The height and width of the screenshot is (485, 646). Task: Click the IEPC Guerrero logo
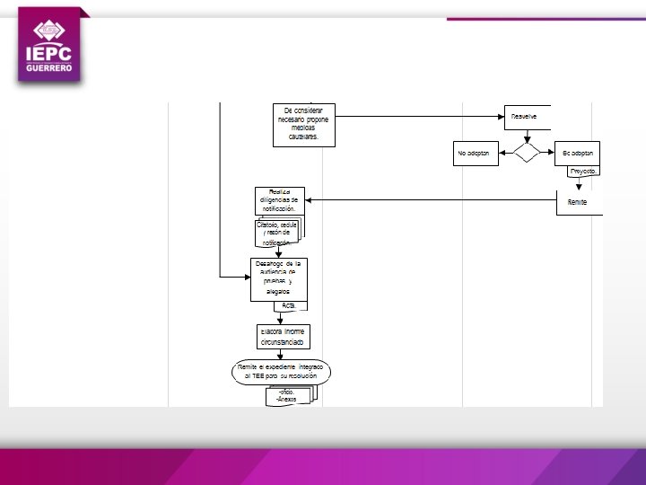(50, 47)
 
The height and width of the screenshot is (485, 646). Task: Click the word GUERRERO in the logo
(50, 71)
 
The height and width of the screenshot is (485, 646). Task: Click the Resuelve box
(527, 117)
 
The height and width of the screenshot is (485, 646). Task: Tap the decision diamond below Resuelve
(527, 153)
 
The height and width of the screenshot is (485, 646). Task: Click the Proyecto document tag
(585, 171)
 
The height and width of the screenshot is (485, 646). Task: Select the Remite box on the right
(579, 202)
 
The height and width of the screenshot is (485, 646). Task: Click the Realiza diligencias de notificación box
(279, 200)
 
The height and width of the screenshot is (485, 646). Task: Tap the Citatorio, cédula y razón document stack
(279, 232)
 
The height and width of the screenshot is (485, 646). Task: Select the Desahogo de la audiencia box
(278, 278)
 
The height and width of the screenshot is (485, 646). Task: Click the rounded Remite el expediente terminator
(281, 371)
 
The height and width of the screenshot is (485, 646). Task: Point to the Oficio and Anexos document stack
(289, 395)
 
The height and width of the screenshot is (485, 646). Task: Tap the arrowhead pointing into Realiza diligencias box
(310, 200)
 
